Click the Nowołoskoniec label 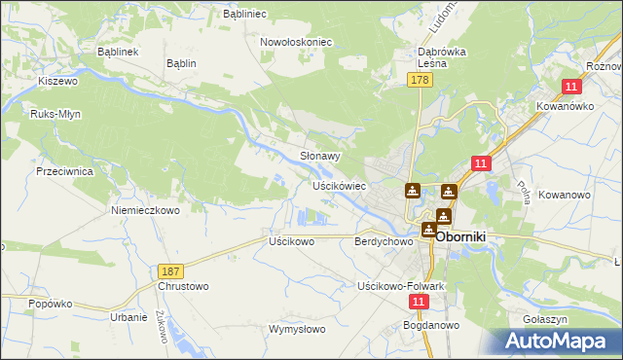coord(297,43)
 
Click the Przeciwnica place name coord(63,170)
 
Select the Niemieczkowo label coord(146,210)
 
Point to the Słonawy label coord(319,156)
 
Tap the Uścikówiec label coord(338,185)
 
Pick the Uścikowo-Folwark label coord(401,287)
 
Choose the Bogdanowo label coord(431,327)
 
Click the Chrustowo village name coord(182,287)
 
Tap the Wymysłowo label coord(297,330)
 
